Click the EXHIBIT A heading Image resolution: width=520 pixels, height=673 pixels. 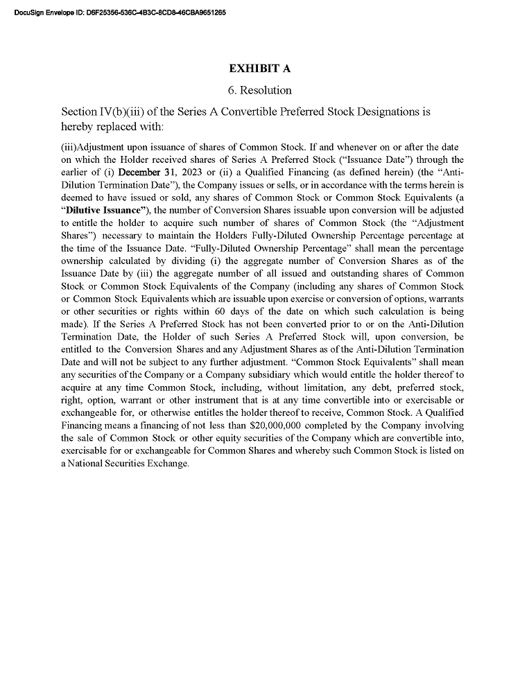pos(259,69)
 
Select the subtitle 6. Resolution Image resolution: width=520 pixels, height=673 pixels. pos(259,90)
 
